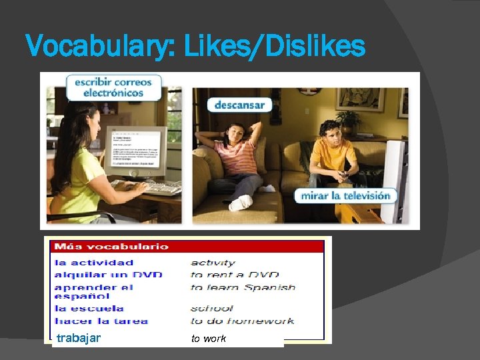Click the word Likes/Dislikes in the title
[x=274, y=47]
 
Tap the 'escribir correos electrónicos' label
[x=113, y=87]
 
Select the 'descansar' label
[x=239, y=105]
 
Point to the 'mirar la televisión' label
[x=345, y=196]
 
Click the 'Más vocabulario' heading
[x=111, y=247]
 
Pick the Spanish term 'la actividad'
[x=94, y=263]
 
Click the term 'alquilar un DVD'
[x=108, y=275]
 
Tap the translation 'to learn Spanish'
[x=243, y=287]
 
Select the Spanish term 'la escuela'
[x=89, y=308]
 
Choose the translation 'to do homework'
[x=242, y=321]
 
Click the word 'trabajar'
[x=79, y=338]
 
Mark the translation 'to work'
[x=209, y=339]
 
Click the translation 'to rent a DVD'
[x=235, y=275]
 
